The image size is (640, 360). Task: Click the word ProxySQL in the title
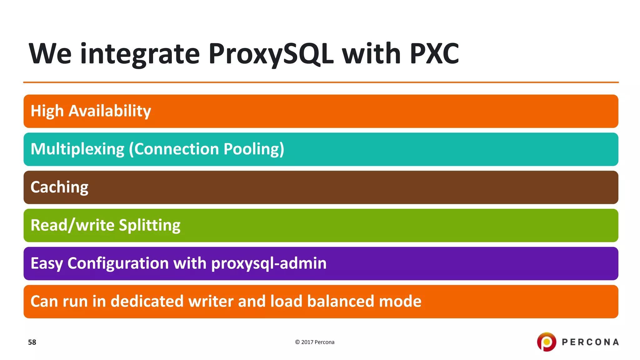coord(271,54)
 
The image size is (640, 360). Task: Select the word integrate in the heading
coord(140,54)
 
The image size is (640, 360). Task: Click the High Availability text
coord(91,111)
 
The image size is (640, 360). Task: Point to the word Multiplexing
coord(77,149)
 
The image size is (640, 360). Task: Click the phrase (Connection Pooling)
coord(207,149)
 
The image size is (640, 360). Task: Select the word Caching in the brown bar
coord(59,187)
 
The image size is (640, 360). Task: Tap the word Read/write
coord(72,225)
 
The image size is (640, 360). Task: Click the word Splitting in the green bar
coord(149,225)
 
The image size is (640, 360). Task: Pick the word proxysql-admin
coord(269,263)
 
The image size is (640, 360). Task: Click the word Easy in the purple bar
coord(47,263)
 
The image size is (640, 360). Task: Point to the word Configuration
coord(118,263)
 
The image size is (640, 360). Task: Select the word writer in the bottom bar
coord(211,302)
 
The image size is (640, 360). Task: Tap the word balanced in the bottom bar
coord(340,302)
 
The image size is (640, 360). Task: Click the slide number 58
coord(32,342)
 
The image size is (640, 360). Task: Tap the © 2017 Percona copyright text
coord(315,342)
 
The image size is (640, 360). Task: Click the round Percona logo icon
coord(546,342)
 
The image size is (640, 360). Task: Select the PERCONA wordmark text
coord(590,342)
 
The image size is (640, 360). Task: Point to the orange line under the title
coord(321,82)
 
